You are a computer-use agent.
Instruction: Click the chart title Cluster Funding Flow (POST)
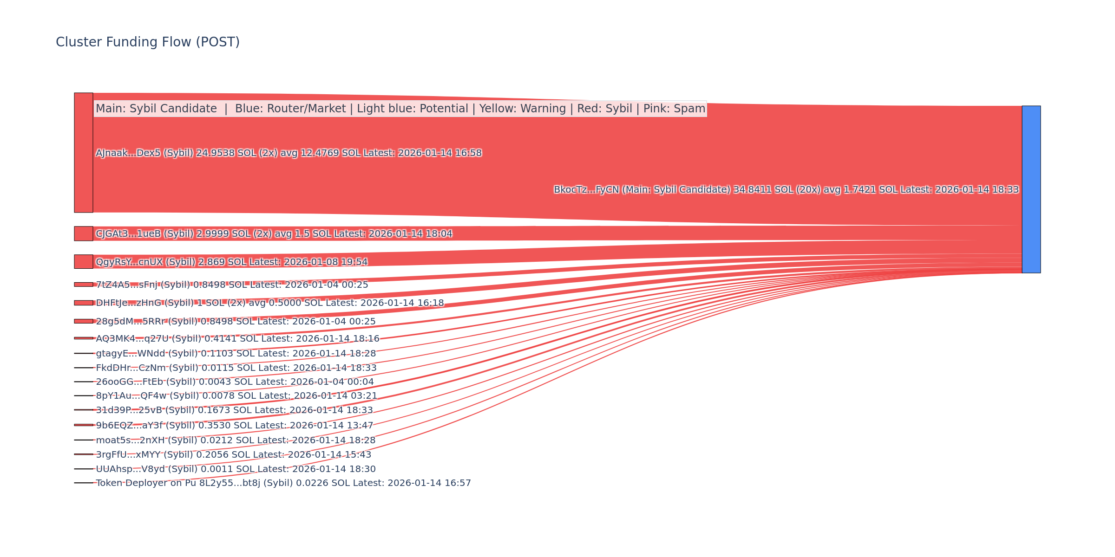pyautogui.click(x=148, y=42)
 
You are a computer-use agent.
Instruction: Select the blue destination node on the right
pyautogui.click(x=1031, y=189)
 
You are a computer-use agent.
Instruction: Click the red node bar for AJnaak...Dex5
pyautogui.click(x=84, y=153)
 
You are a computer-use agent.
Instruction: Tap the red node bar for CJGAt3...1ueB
pyautogui.click(x=84, y=233)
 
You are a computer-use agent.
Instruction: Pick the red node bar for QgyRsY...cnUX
pyautogui.click(x=84, y=262)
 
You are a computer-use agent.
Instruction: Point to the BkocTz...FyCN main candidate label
pyautogui.click(x=786, y=190)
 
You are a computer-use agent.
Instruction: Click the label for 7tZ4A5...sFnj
pyautogui.click(x=232, y=285)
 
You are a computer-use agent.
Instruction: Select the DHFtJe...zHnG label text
pyautogui.click(x=269, y=303)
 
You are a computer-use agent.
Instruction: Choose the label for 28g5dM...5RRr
pyautogui.click(x=236, y=321)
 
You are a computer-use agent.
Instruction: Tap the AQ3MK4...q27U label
pyautogui.click(x=237, y=339)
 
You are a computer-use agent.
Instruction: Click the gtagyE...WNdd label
pyautogui.click(x=236, y=354)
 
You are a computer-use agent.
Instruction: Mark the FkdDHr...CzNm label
pyautogui.click(x=236, y=368)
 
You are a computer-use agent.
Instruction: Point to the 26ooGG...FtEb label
pyautogui.click(x=235, y=382)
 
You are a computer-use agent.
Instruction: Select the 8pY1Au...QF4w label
pyautogui.click(x=236, y=396)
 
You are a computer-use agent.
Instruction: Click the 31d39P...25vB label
pyautogui.click(x=234, y=410)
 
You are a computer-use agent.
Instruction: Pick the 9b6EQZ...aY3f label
pyautogui.click(x=234, y=425)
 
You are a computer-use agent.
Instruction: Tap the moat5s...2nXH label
pyautogui.click(x=236, y=440)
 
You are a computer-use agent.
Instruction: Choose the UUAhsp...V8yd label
pyautogui.click(x=236, y=469)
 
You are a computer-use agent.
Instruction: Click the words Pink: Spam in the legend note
pyautogui.click(x=674, y=109)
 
